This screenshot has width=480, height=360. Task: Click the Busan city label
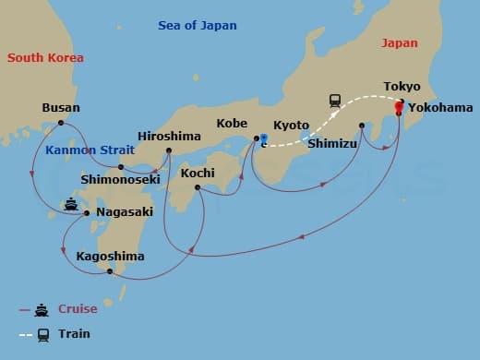pyautogui.click(x=61, y=108)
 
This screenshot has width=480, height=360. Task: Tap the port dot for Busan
pyautogui.click(x=61, y=123)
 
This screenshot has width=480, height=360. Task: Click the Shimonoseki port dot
pyautogui.click(x=121, y=167)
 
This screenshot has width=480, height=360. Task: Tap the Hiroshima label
pyautogui.click(x=169, y=136)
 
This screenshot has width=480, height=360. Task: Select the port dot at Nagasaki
pyautogui.click(x=87, y=213)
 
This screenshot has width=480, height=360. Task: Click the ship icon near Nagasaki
pyautogui.click(x=70, y=204)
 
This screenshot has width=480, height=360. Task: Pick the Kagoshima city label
pyautogui.click(x=110, y=256)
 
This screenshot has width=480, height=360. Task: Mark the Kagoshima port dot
pyautogui.click(x=110, y=271)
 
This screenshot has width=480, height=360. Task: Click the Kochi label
pyautogui.click(x=198, y=173)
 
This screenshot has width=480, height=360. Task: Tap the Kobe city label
pyautogui.click(x=232, y=123)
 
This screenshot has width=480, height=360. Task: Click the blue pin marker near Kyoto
pyautogui.click(x=263, y=139)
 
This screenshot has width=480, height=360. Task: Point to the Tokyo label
pyautogui.click(x=402, y=87)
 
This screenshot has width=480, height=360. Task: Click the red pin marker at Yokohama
pyautogui.click(x=399, y=107)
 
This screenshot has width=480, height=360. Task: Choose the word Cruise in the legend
pyautogui.click(x=77, y=309)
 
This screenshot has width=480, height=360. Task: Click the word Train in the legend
pyautogui.click(x=74, y=333)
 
